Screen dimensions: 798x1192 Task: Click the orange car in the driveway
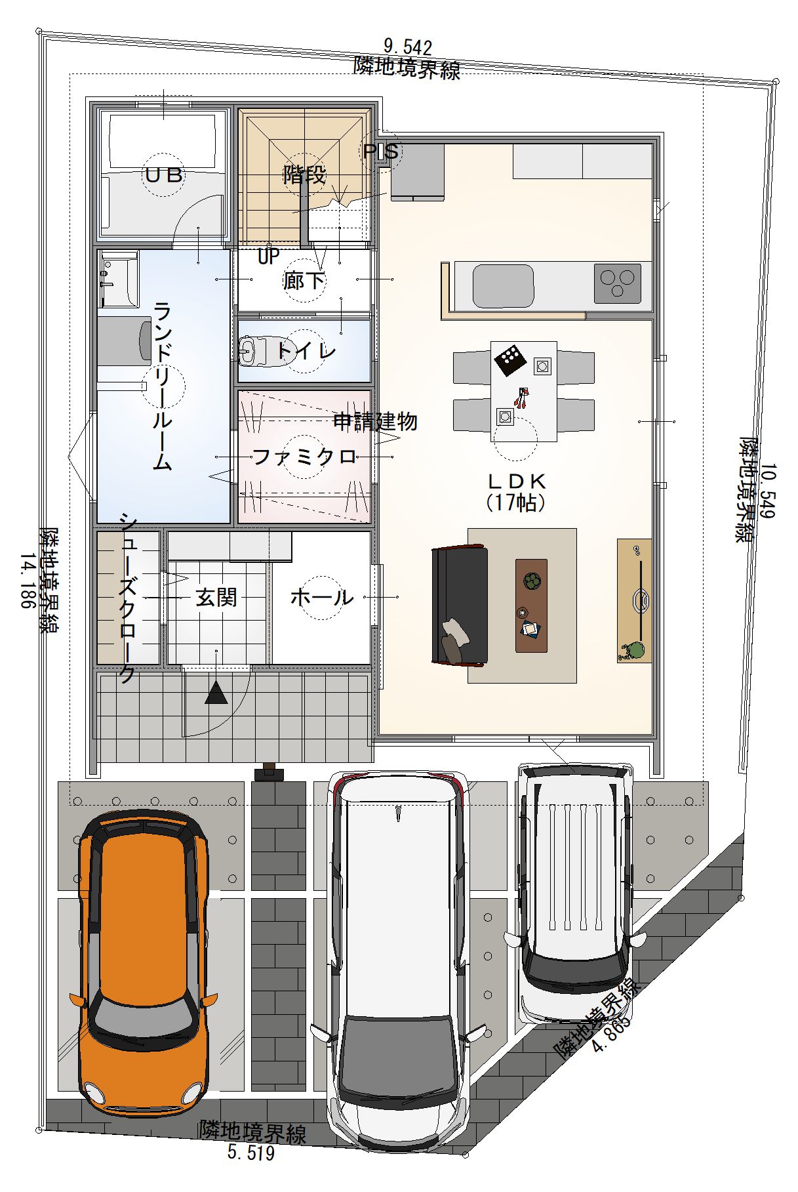point(143,964)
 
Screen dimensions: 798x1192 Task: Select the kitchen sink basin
point(503,286)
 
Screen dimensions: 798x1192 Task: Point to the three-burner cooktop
point(617,283)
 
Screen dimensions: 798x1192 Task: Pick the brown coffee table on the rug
point(531,605)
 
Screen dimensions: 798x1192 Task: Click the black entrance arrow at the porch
point(216,692)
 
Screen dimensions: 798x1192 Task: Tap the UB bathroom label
point(164,175)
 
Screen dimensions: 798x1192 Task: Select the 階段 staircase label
point(304,175)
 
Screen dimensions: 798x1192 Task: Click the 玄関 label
point(216,597)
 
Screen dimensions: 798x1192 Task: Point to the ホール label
point(321,597)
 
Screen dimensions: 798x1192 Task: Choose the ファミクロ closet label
point(304,456)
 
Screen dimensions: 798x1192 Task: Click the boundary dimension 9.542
point(407,47)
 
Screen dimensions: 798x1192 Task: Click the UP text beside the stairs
point(268,256)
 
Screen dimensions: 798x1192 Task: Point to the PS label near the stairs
point(381,152)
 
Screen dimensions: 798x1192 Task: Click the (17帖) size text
point(516,503)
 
